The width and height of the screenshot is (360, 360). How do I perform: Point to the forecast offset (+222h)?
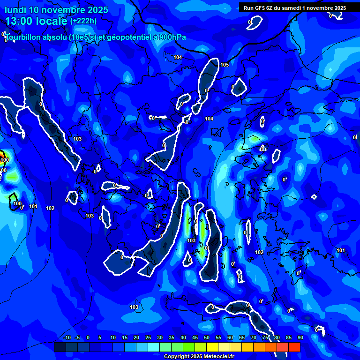pyautogui.click(x=83, y=21)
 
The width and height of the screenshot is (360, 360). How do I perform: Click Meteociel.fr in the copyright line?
pyautogui.click(x=219, y=357)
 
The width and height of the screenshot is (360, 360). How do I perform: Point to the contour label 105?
pyautogui.click(x=225, y=65)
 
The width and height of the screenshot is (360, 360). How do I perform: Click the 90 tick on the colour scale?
pyautogui.click(x=300, y=337)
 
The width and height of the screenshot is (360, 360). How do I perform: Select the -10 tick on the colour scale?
pyautogui.click(x=67, y=337)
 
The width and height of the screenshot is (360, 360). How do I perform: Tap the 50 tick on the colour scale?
pyautogui.click(x=207, y=337)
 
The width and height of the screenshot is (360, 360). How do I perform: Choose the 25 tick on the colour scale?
pyautogui.click(x=148, y=337)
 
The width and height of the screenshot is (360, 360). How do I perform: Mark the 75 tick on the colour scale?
pyautogui.click(x=265, y=337)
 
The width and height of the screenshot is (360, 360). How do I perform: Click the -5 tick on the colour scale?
pyautogui.click(x=77, y=337)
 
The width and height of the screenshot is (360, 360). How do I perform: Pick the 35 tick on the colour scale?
pyautogui.click(x=172, y=337)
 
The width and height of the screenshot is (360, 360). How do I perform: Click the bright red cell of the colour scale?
pyautogui.click(x=294, y=347)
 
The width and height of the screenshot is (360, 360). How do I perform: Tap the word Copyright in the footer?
pyautogui.click(x=176, y=357)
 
